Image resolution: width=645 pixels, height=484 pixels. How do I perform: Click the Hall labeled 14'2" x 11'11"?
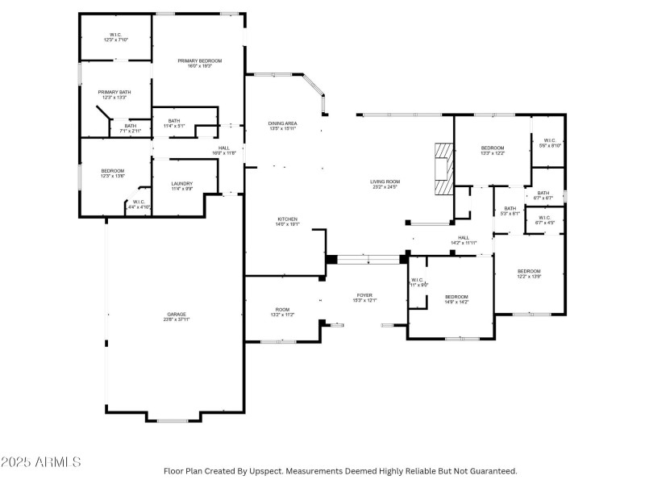click(464, 240)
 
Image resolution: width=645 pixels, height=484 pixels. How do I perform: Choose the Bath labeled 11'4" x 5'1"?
click(174, 123)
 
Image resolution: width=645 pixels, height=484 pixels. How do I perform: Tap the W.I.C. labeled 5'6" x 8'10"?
click(551, 143)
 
